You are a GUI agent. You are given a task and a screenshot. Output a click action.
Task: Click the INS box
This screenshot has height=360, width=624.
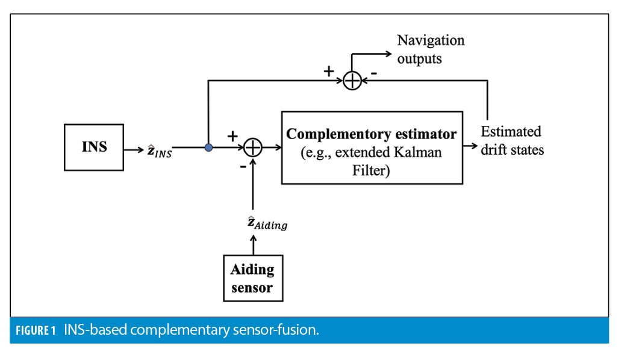click(x=94, y=147)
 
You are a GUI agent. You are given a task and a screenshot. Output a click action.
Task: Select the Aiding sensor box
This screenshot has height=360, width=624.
click(x=252, y=278)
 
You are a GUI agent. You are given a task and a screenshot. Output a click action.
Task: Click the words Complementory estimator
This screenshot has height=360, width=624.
click(x=372, y=134)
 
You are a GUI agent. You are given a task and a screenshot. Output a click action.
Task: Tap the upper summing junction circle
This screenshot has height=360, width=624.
click(x=351, y=80)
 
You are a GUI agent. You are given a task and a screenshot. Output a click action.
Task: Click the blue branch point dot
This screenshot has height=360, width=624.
click(x=208, y=147)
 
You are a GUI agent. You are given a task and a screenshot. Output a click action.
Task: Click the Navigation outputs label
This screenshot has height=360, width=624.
click(x=430, y=49)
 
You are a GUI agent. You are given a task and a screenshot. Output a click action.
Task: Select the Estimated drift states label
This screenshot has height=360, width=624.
click(x=511, y=140)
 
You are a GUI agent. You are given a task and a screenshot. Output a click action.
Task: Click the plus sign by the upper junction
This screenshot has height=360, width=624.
click(x=329, y=71)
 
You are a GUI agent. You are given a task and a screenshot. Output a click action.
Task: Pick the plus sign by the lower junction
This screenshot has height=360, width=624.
click(x=232, y=137)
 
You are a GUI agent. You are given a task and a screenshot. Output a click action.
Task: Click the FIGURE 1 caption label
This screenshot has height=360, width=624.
click(x=36, y=330)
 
